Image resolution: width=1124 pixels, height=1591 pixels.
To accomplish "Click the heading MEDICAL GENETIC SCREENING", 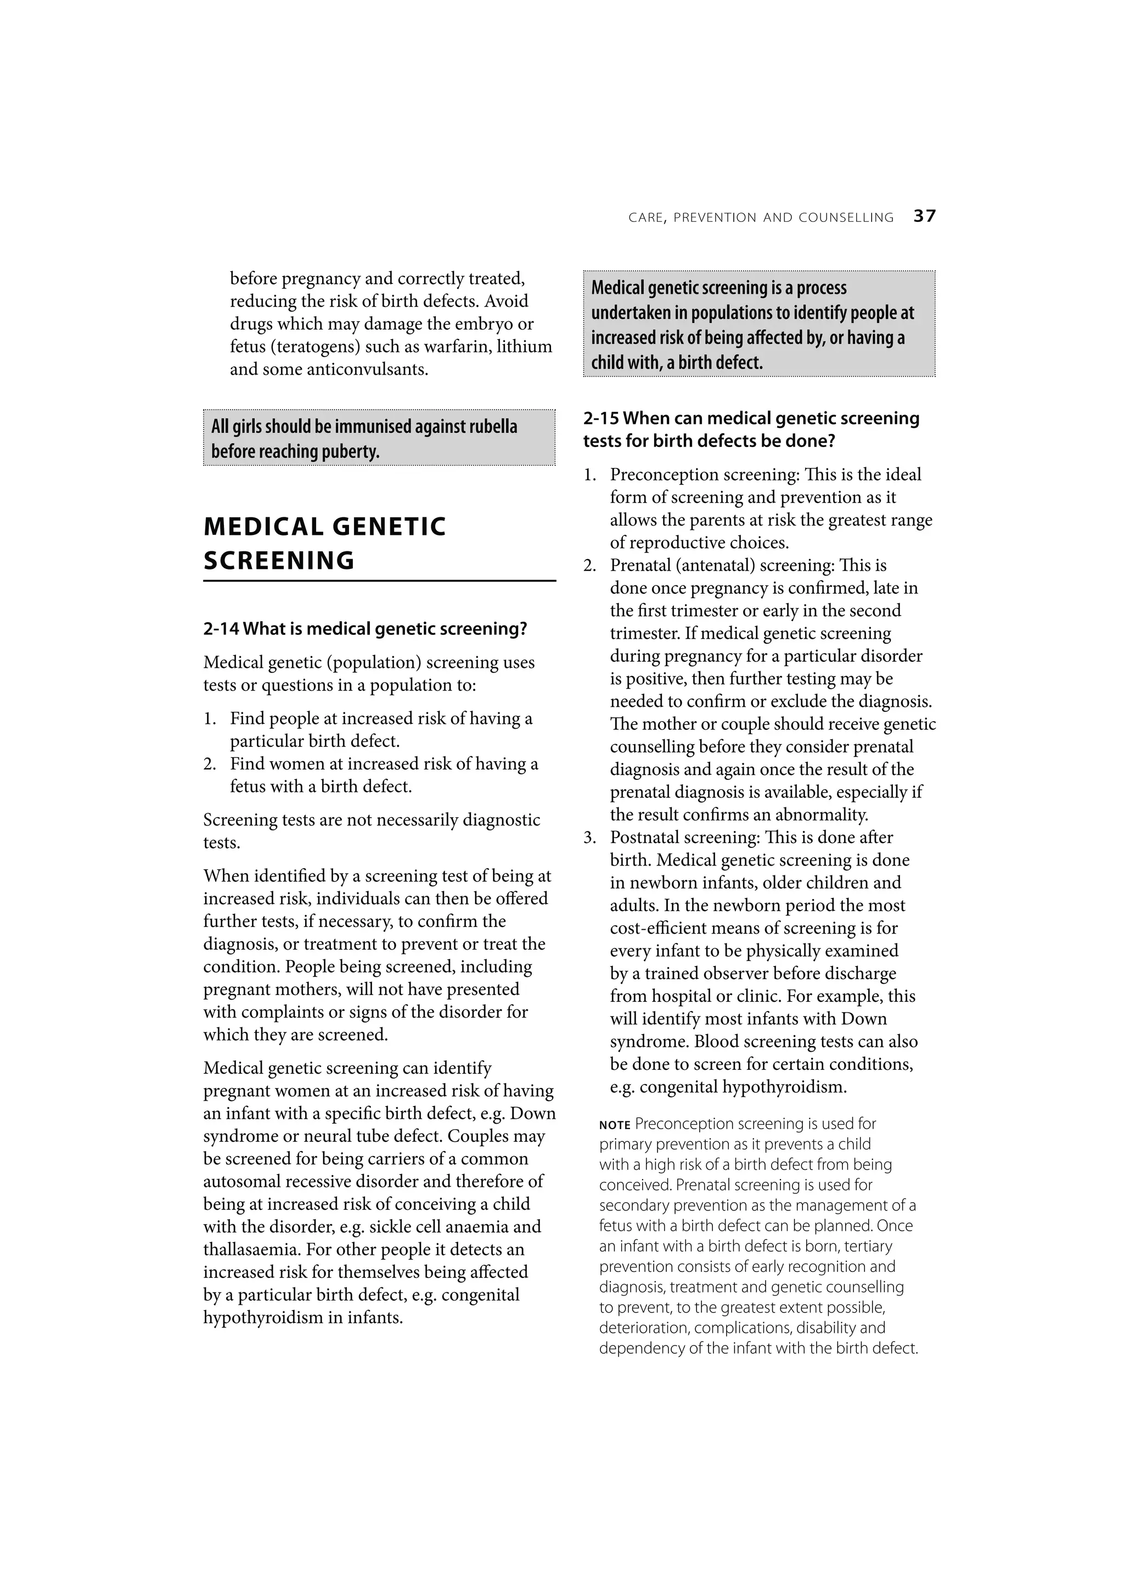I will pos(325,543).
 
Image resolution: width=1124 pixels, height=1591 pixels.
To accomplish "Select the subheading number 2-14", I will pos(221,629).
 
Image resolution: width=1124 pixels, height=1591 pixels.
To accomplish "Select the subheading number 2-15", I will pos(600,418).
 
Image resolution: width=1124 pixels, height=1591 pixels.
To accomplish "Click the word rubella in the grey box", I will pos(492,426).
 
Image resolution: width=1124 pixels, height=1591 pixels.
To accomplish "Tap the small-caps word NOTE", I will pos(614,1125).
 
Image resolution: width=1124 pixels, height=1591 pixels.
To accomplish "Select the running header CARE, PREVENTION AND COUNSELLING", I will pos(761,217).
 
